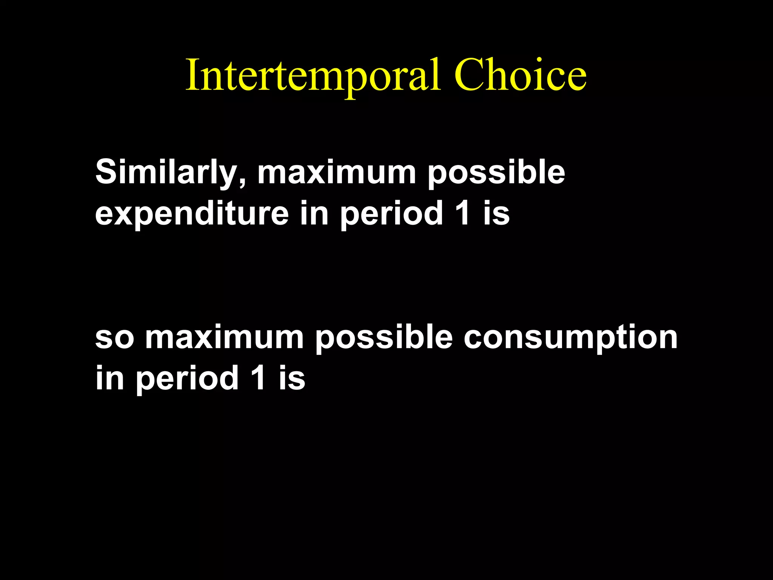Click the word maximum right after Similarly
(336, 173)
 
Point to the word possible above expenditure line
(496, 173)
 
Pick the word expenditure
(192, 214)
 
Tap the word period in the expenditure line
(391, 214)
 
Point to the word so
(114, 337)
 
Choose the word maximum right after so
(225, 337)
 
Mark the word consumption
(570, 337)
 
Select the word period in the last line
(187, 378)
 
